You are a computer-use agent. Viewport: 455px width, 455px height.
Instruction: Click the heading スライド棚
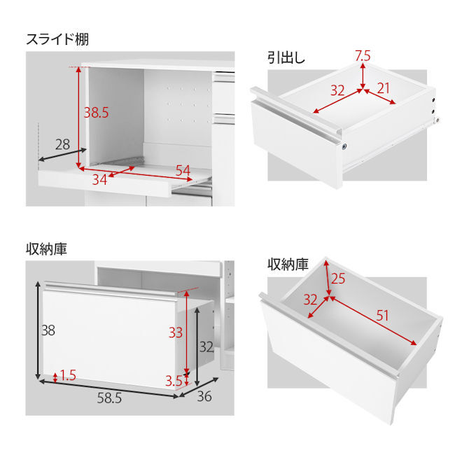pos(57,39)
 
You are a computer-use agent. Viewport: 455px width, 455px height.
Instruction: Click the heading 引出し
pos(286,57)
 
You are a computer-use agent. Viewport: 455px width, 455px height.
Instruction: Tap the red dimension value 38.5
pos(96,113)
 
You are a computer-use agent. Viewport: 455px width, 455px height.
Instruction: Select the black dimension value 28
pos(63,144)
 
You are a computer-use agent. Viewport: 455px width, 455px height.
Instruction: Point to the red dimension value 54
pos(183,171)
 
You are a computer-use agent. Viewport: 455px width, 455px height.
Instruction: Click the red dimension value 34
pos(99,180)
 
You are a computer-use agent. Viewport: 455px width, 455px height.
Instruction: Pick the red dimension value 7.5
pos(363,56)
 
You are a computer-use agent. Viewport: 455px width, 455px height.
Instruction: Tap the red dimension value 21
pos(383,88)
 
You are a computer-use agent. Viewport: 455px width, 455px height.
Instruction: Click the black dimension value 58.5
pos(109,398)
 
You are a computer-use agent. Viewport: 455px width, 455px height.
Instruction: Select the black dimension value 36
pos(204,396)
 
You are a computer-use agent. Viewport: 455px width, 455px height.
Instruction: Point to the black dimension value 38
pos(48,330)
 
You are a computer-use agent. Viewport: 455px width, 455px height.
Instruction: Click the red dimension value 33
pos(176,332)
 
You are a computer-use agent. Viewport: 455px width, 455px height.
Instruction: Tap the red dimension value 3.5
pos(174,381)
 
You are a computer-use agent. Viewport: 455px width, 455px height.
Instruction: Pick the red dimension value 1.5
pos(68,375)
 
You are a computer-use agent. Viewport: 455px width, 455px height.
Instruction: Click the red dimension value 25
pos(338,279)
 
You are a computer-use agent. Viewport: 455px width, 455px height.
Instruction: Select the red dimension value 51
pos(382,316)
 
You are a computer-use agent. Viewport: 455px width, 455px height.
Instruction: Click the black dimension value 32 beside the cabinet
pos(206,347)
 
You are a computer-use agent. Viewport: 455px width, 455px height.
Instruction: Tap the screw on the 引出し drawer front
pos(344,147)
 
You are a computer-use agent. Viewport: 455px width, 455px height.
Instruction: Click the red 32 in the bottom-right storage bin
pos(311,300)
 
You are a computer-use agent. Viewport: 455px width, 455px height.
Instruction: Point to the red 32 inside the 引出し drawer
pos(337,90)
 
